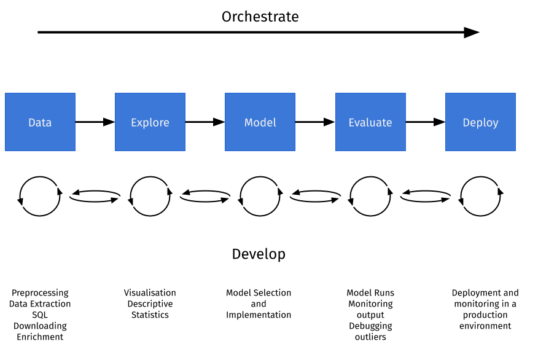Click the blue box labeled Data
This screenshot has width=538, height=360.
pyautogui.click(x=40, y=122)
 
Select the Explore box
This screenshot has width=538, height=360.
pyautogui.click(x=150, y=122)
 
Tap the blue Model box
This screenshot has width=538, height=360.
pyautogui.click(x=260, y=122)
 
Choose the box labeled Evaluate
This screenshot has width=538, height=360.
pyautogui.click(x=370, y=122)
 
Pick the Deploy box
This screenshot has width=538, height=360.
pyautogui.click(x=480, y=122)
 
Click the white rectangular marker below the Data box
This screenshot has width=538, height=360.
pyautogui.click(x=71, y=193)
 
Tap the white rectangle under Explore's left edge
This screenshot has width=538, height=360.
pyautogui.click(x=119, y=199)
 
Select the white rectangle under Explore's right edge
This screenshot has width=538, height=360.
pyautogui.click(x=181, y=193)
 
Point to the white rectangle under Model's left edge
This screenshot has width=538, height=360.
pyautogui.click(x=228, y=199)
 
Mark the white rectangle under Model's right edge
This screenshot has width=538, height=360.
pyautogui.click(x=292, y=193)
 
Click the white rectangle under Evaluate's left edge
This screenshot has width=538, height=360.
pyautogui.click(x=339, y=199)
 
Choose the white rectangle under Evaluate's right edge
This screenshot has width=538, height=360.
pyautogui.click(x=402, y=193)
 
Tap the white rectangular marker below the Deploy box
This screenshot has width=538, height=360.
pyautogui.click(x=449, y=199)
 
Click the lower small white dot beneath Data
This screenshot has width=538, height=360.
pyautogui.click(x=23, y=206)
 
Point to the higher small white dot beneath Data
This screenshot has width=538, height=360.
pyautogui.click(x=57, y=187)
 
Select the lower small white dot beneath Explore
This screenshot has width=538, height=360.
pyautogui.click(x=133, y=206)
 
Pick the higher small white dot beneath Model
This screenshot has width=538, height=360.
pyautogui.click(x=278, y=187)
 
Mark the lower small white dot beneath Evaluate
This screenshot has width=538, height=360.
pyautogui.click(x=353, y=206)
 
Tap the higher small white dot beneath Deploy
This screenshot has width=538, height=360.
pyautogui.click(x=498, y=187)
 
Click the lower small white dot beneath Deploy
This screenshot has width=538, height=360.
pyautogui.click(x=463, y=206)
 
